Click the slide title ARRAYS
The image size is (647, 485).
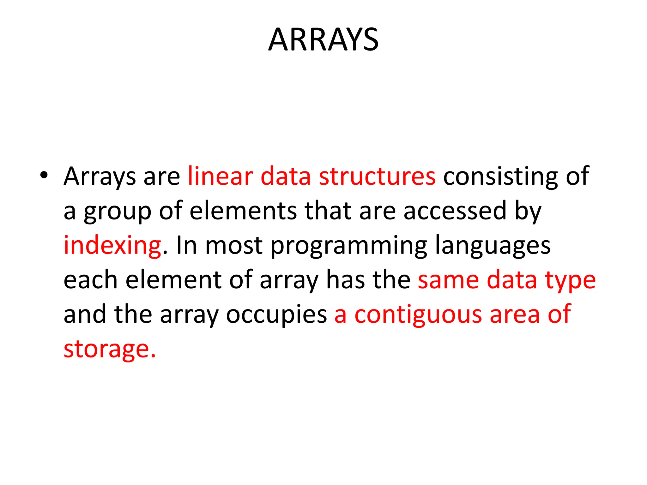pyautogui.click(x=323, y=40)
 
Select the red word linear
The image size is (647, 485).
pyautogui.click(x=221, y=176)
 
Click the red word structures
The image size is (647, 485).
pyautogui.click(x=377, y=176)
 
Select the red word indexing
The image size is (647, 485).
pyautogui.click(x=112, y=246)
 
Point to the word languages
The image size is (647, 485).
pyautogui.click(x=493, y=246)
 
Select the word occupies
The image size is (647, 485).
pyautogui.click(x=276, y=315)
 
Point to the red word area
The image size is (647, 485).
pyautogui.click(x=515, y=315)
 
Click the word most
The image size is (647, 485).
pyautogui.click(x=234, y=246)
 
